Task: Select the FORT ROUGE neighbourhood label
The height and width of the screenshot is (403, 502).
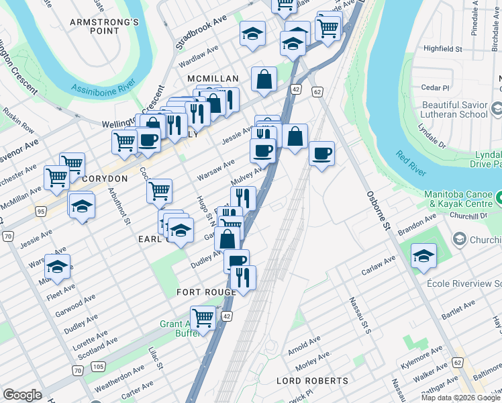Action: click(206, 292)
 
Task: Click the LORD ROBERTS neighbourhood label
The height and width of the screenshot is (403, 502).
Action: click(313, 381)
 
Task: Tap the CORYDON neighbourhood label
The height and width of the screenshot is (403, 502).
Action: click(104, 179)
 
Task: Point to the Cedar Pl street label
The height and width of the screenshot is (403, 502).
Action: click(436, 88)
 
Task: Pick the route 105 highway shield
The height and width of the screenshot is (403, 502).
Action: click(98, 366)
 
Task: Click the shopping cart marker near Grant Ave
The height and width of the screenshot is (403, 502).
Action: click(203, 317)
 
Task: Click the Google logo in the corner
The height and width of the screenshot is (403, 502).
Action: click(22, 395)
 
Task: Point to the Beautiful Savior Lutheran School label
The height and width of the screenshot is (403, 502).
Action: click(455, 110)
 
